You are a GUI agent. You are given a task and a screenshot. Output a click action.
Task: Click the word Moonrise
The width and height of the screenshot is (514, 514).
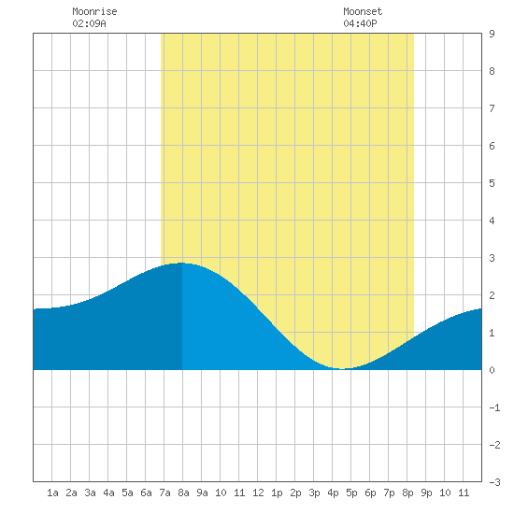(94, 11)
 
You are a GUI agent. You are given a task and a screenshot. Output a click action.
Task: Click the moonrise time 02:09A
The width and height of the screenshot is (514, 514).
(89, 23)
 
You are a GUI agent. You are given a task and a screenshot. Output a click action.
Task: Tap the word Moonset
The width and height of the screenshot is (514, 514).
(363, 11)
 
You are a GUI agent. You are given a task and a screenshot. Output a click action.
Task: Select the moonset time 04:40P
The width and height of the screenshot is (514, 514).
(360, 23)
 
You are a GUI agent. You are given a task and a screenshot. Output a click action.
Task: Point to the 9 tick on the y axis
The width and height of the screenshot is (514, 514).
(492, 34)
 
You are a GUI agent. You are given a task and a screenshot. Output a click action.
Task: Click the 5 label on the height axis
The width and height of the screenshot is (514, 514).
(492, 183)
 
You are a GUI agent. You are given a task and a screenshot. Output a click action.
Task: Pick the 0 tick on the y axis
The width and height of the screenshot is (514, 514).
(492, 370)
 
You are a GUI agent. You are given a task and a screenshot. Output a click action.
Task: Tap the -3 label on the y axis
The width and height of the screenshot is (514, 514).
(494, 482)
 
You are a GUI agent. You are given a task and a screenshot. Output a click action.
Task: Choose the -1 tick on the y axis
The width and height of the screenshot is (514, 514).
(494, 407)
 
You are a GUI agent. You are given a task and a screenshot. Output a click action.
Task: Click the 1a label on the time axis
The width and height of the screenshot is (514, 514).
(52, 493)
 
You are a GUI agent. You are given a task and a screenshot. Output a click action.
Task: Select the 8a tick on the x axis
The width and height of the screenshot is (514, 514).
(183, 493)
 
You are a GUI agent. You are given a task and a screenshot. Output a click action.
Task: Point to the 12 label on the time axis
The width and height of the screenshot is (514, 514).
(258, 493)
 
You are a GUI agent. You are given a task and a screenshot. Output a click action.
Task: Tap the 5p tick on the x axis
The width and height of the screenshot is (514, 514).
(351, 493)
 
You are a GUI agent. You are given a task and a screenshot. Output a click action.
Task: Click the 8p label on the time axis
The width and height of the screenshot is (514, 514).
(407, 493)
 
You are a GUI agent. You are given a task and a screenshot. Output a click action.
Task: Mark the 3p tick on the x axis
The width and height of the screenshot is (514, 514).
(314, 493)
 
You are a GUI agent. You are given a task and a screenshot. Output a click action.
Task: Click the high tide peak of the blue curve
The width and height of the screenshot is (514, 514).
(181, 263)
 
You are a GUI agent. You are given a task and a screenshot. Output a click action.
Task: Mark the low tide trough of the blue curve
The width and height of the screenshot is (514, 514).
(341, 369)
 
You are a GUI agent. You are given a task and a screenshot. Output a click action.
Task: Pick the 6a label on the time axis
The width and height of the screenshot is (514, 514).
(146, 493)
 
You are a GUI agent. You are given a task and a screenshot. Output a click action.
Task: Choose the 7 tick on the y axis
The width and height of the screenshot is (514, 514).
(492, 108)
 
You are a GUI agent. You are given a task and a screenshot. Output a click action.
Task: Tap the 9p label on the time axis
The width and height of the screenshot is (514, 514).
(426, 493)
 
